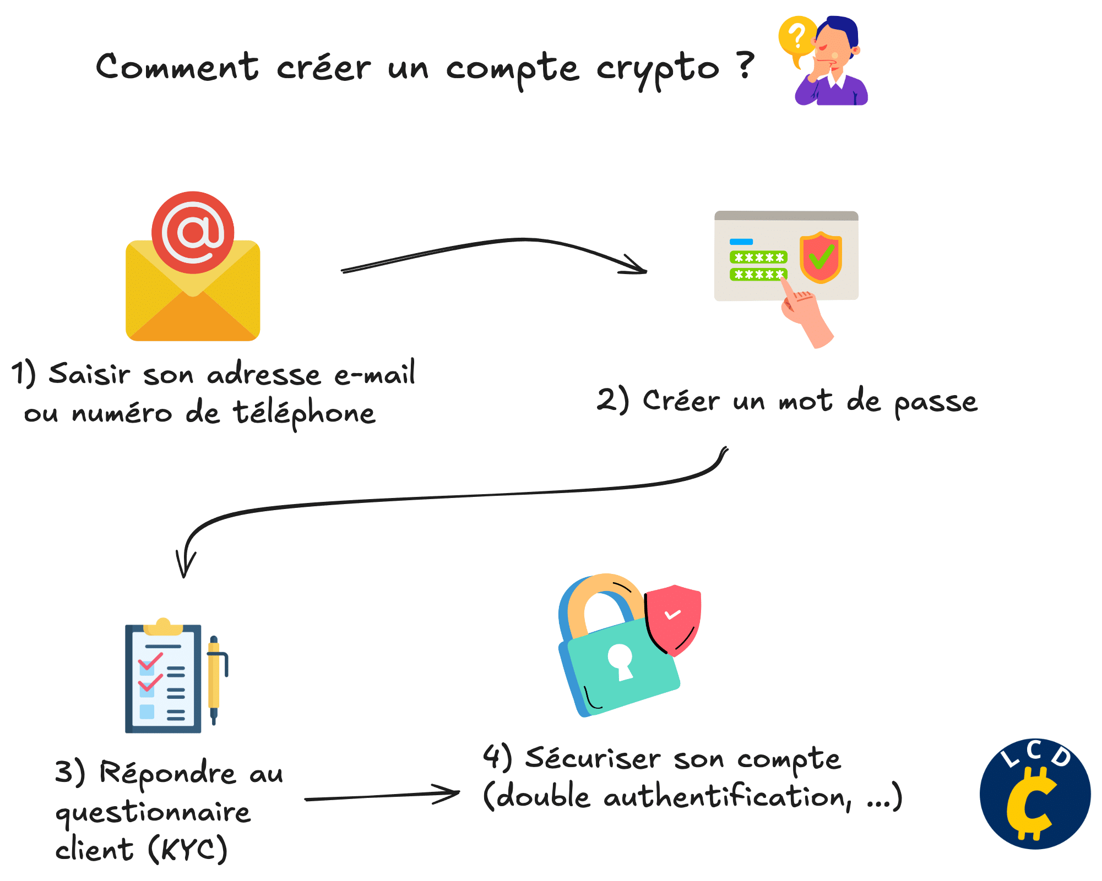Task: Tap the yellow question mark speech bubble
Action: (x=796, y=37)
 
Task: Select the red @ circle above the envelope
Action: (x=193, y=232)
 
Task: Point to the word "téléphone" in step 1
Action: (x=304, y=413)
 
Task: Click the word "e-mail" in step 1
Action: (x=374, y=374)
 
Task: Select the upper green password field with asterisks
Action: (x=758, y=257)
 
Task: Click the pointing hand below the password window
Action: (x=806, y=316)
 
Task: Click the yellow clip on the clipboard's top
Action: (x=162, y=627)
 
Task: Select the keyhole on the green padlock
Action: (x=621, y=661)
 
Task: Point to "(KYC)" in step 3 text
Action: (x=187, y=849)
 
